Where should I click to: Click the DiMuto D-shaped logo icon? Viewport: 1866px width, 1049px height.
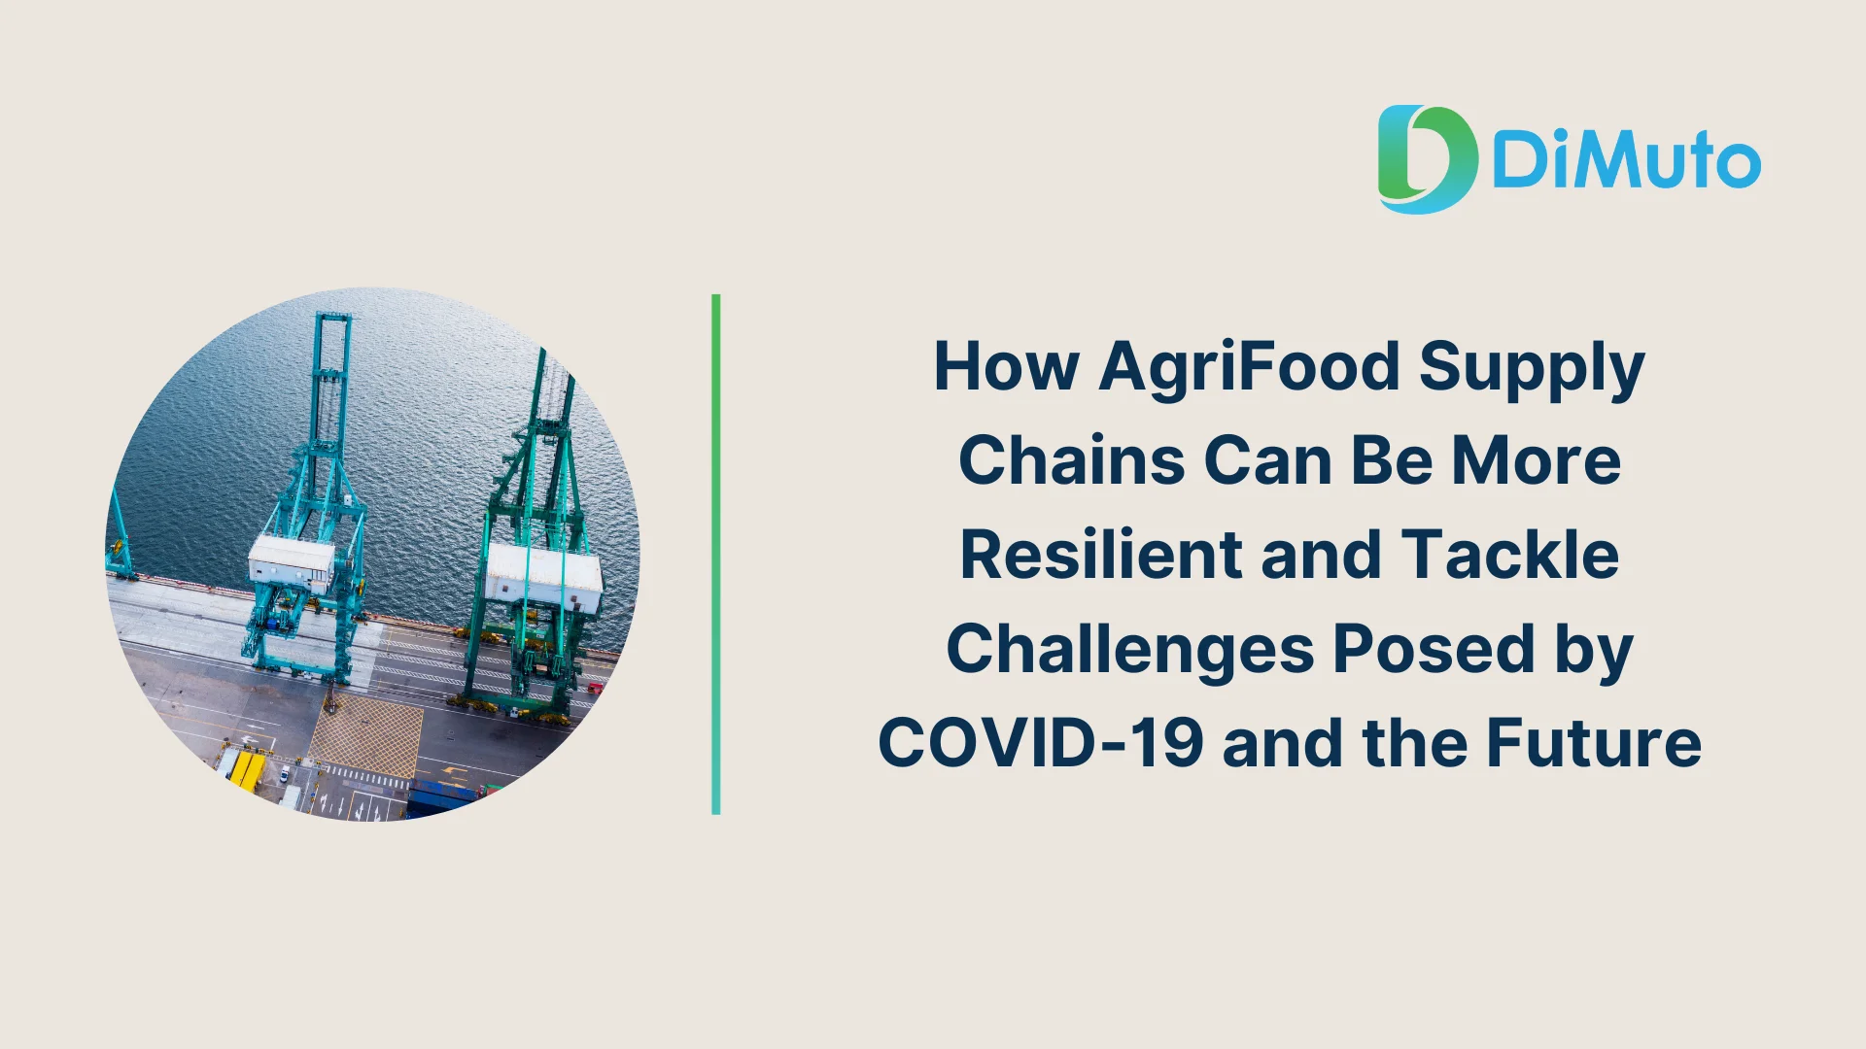(1427, 159)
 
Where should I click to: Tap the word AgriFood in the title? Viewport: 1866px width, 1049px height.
(1250, 366)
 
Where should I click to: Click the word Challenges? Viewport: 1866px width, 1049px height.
(1130, 650)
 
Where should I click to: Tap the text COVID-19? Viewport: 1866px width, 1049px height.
(1041, 743)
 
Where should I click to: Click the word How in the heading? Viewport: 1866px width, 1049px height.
(1006, 366)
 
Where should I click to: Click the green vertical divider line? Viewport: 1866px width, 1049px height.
(716, 554)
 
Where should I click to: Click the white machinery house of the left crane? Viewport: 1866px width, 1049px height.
(292, 560)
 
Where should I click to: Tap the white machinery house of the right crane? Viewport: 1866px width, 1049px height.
(543, 576)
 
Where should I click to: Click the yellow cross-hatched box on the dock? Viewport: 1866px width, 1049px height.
(366, 735)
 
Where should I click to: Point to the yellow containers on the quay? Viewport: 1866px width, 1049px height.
(246, 770)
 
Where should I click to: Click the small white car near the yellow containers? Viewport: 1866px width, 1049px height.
(284, 774)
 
